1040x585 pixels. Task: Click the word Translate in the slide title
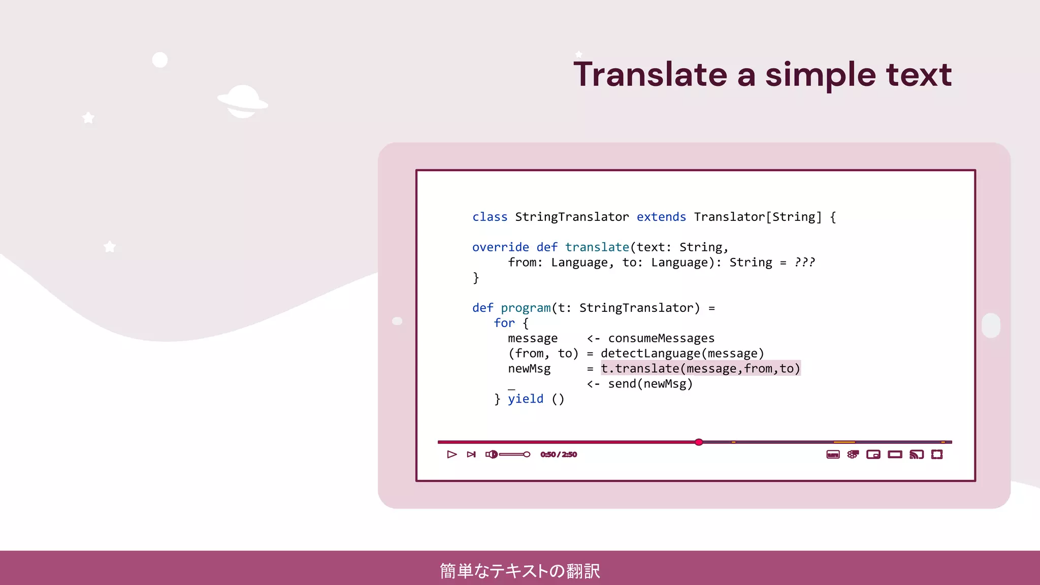point(651,75)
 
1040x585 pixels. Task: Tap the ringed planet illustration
point(243,102)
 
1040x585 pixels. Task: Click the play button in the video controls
point(451,454)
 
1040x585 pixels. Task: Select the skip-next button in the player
point(471,454)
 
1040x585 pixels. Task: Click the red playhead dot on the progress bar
point(699,442)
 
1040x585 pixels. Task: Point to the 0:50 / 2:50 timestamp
point(559,454)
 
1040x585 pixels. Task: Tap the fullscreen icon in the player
point(937,454)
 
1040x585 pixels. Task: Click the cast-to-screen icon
point(916,454)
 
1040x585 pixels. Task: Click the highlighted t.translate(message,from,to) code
point(700,369)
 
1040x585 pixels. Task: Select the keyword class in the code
point(490,217)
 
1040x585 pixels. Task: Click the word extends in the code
point(661,217)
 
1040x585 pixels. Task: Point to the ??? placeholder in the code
point(804,263)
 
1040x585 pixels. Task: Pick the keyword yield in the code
point(526,399)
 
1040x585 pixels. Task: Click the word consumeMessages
point(661,339)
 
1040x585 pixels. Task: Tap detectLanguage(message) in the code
point(682,354)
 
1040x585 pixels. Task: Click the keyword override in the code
point(500,248)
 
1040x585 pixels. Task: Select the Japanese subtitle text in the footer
point(520,571)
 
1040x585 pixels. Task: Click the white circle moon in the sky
point(160,60)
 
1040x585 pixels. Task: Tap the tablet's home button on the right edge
point(991,325)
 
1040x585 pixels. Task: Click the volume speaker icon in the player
point(491,454)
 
